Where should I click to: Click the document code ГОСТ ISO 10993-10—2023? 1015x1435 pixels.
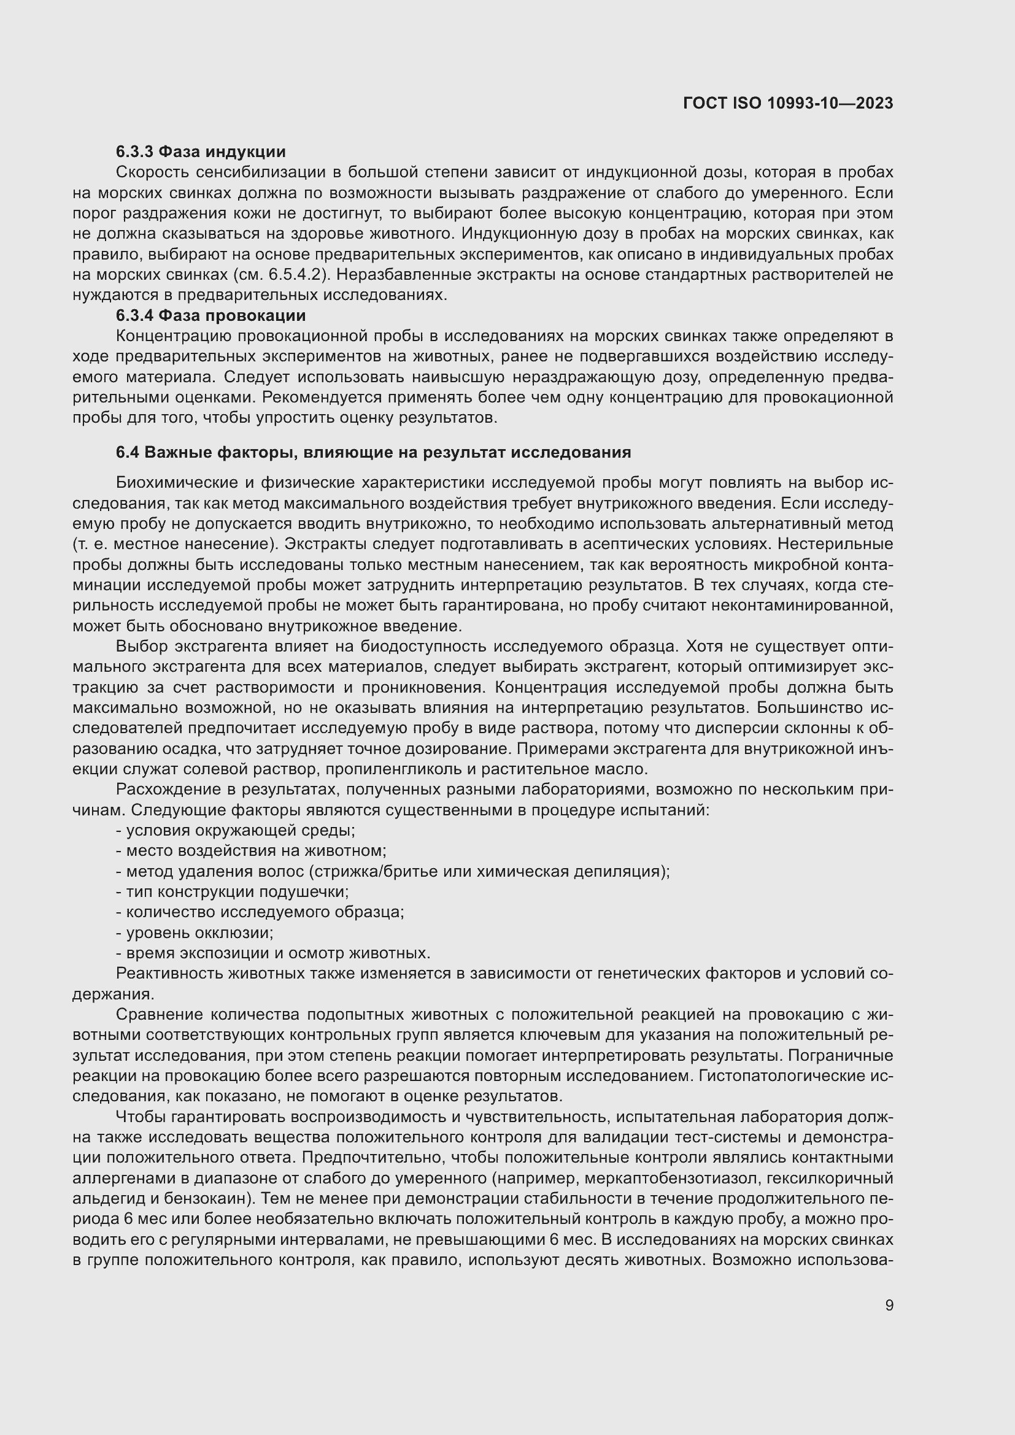(x=787, y=103)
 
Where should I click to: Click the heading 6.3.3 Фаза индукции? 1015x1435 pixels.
(x=201, y=152)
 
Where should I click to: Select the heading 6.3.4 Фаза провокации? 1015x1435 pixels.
(x=210, y=315)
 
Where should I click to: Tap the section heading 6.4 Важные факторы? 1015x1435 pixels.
(x=373, y=452)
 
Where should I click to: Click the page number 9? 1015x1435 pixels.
(x=889, y=1305)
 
